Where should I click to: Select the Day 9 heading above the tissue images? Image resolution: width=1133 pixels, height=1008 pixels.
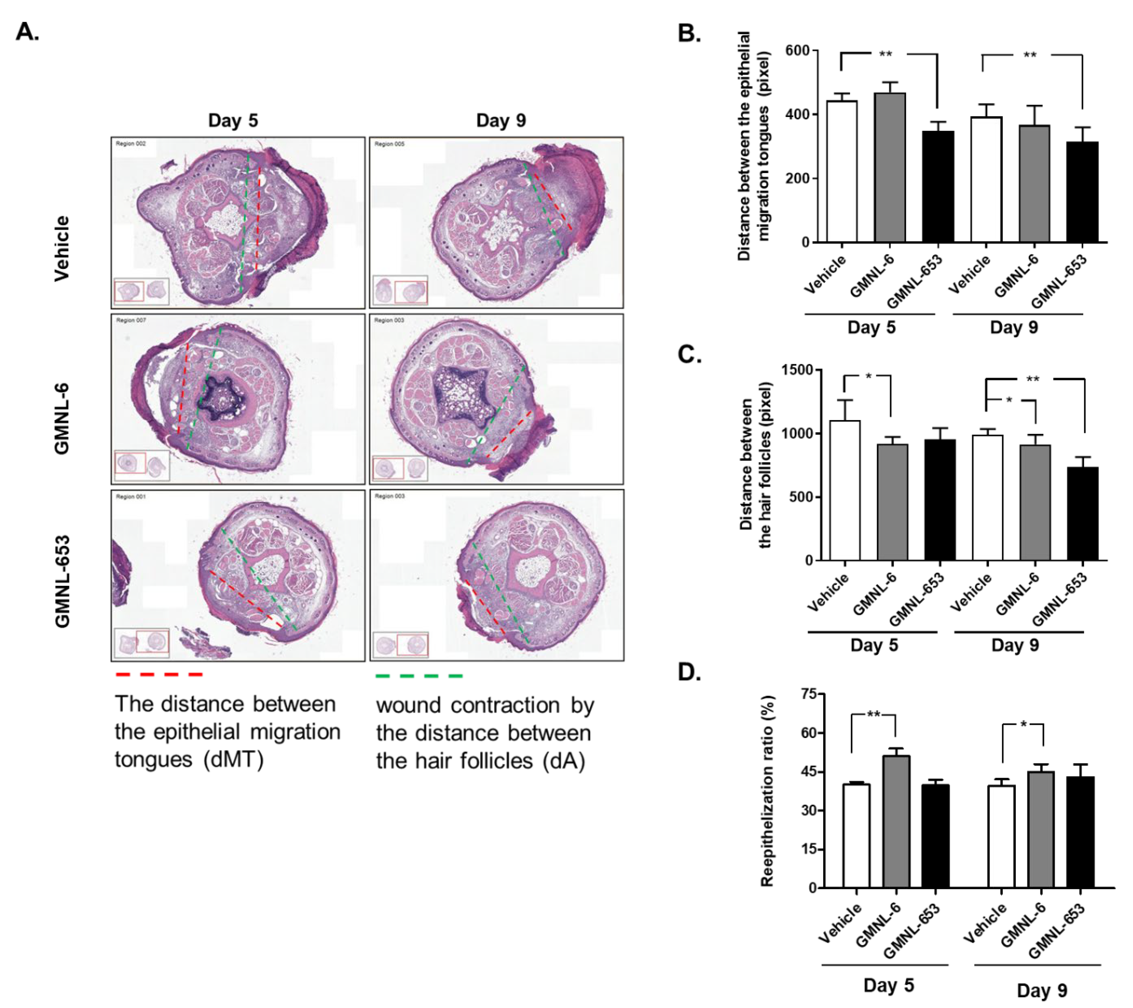(x=500, y=120)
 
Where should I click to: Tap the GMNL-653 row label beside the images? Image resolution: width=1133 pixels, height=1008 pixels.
(x=63, y=581)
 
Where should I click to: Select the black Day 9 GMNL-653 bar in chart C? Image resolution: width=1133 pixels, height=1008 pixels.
(x=1083, y=513)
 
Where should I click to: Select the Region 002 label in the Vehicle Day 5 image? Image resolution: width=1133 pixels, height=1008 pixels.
(x=131, y=143)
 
